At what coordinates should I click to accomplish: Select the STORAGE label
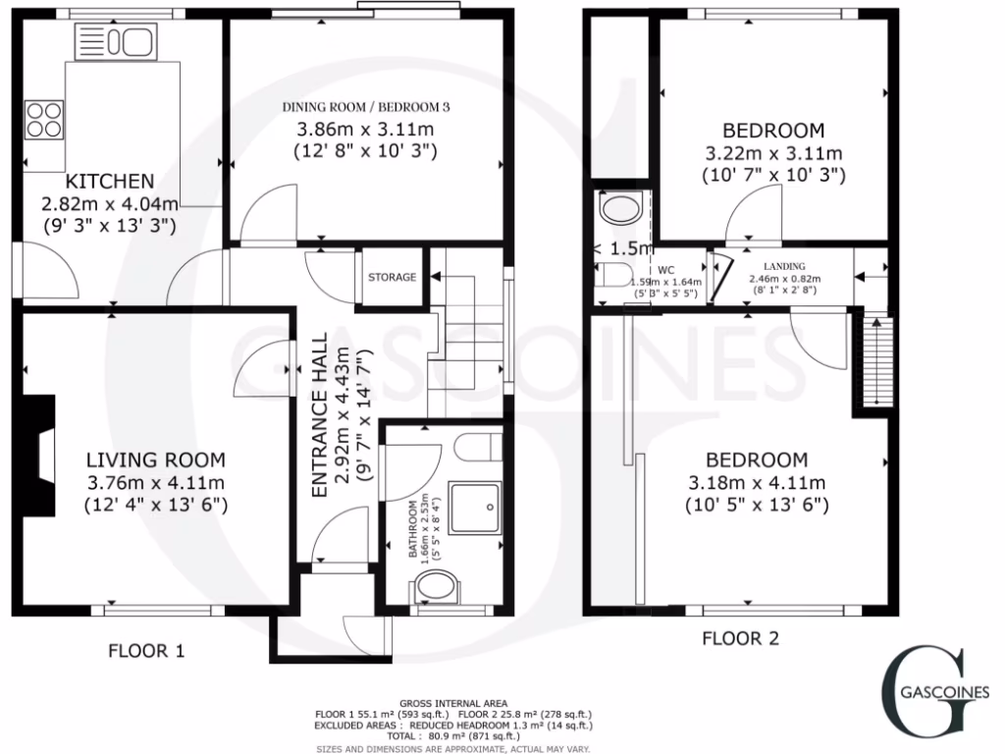[393, 278]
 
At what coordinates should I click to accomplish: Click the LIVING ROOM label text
[156, 459]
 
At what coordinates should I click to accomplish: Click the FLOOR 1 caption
[146, 650]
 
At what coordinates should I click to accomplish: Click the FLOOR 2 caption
[741, 639]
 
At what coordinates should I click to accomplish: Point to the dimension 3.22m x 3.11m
[774, 154]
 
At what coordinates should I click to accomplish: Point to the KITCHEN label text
[110, 182]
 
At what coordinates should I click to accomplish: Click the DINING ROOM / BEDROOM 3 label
[366, 107]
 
